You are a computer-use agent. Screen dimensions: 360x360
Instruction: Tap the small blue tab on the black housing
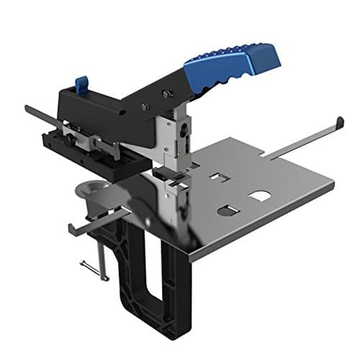(81, 84)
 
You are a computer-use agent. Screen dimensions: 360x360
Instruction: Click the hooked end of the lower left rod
(72, 230)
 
